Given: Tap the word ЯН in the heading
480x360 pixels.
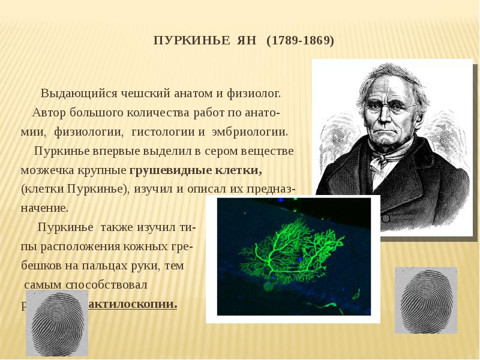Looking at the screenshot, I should pos(246,41).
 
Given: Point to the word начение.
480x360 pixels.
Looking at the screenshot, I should pos(44,208).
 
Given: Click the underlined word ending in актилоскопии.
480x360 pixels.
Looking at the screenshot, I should pos(133,304).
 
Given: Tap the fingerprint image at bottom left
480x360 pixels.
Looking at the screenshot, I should pos(57,323).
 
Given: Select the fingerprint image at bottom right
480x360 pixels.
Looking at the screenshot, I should pos(418,300).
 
